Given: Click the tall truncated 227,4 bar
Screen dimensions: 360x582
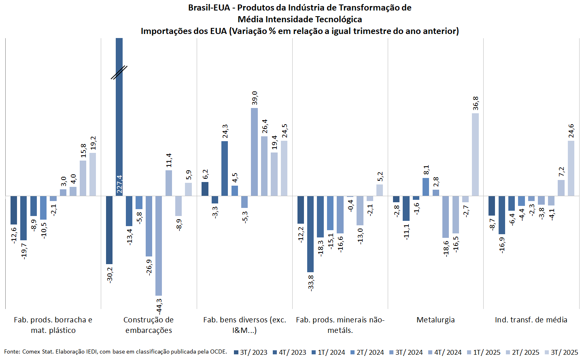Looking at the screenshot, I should coord(119,121).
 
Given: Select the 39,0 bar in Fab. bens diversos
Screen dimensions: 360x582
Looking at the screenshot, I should coord(254,152).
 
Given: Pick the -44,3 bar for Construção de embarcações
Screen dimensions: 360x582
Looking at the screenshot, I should coord(159,246).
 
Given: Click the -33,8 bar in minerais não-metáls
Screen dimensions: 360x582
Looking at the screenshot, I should coord(310,234).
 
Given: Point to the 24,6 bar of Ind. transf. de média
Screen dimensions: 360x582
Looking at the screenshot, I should coord(571,168).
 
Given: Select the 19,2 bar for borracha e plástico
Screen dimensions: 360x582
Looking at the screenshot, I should coord(93,174).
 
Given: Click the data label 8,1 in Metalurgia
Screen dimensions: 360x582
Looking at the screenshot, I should coord(426,170).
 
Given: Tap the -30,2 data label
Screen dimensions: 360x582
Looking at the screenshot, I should coord(110,275).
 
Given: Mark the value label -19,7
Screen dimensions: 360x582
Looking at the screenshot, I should coord(24,251).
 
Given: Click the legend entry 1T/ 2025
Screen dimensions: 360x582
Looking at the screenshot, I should coord(484,352).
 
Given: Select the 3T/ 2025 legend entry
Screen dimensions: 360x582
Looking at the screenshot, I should coord(561,352).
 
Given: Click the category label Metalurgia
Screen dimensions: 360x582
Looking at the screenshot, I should coord(435,320).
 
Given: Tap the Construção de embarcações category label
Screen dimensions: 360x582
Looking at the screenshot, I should coord(149,325).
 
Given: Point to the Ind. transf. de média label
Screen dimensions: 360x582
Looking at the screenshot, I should coord(531,320).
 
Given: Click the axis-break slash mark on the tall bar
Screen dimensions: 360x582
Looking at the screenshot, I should coord(119,72).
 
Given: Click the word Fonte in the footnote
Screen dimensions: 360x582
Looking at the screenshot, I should coord(12,352).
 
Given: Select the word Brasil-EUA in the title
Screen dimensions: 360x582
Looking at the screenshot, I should coord(209,8).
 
